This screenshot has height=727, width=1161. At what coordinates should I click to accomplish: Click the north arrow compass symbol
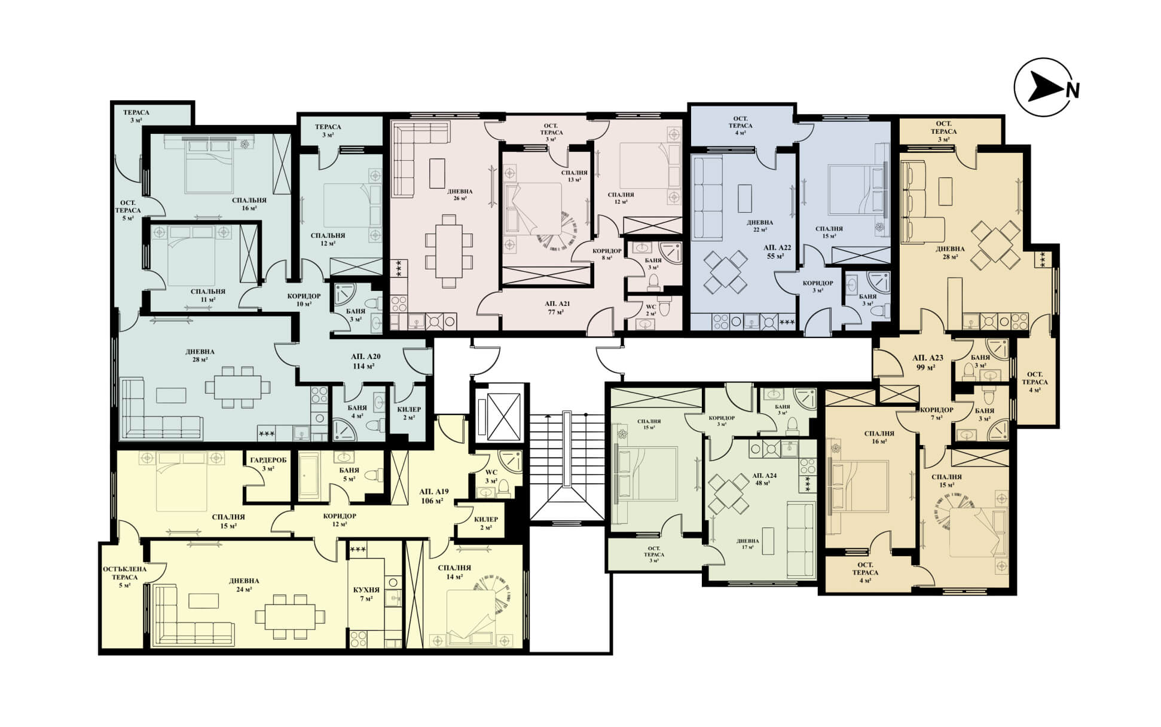[x=1046, y=87]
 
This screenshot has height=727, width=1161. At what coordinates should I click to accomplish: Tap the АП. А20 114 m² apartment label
[x=366, y=361]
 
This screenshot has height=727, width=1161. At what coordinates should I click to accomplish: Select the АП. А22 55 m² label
[x=777, y=251]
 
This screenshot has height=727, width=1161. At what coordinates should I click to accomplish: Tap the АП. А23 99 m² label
[x=928, y=362]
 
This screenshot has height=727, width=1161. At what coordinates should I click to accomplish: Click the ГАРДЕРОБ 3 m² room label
[x=268, y=464]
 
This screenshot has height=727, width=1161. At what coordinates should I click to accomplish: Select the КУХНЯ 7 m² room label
[x=366, y=594]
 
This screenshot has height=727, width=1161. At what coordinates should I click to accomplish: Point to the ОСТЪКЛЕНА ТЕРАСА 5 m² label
[x=124, y=577]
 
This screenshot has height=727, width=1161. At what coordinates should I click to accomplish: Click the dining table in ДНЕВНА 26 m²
[x=448, y=251]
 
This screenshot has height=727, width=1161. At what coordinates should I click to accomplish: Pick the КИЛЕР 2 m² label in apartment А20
[x=409, y=413]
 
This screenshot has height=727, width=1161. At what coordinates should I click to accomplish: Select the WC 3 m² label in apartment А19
[x=491, y=476]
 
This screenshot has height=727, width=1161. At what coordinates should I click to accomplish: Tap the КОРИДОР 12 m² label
[x=340, y=520]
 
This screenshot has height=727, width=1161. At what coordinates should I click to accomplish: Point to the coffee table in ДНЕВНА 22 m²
[x=744, y=198]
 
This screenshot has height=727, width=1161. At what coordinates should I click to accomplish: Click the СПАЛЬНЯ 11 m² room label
[x=207, y=295]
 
